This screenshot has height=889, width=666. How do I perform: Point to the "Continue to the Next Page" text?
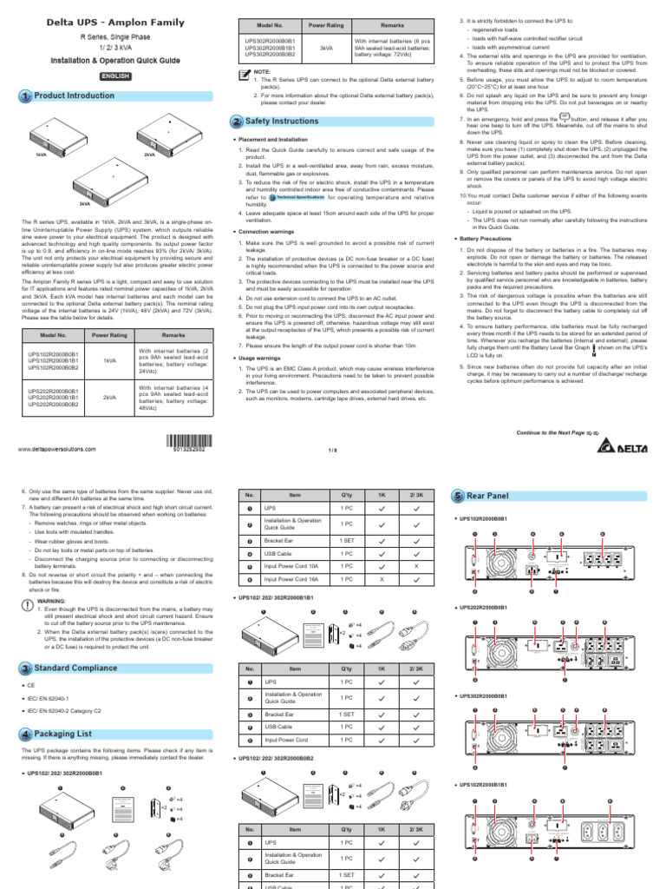(x=550, y=431)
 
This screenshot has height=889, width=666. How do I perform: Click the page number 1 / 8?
(x=332, y=451)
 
